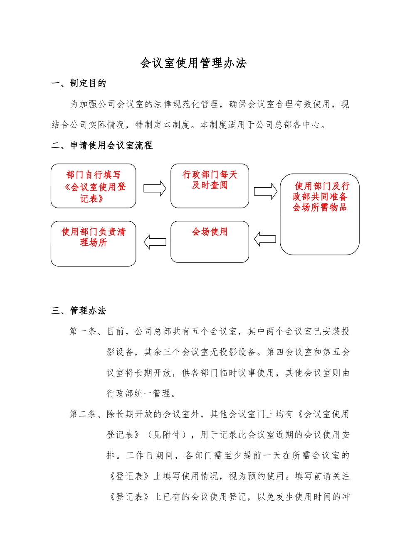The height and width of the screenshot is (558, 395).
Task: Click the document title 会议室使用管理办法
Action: [193, 63]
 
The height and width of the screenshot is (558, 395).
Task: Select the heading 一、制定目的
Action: [79, 83]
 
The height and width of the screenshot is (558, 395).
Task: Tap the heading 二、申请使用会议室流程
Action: [102, 145]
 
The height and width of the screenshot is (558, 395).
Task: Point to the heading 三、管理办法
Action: [79, 311]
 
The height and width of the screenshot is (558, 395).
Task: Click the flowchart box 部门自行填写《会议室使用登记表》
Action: [93, 186]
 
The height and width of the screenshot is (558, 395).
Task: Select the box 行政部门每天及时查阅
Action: [210, 186]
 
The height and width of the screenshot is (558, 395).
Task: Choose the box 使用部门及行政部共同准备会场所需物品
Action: [319, 214]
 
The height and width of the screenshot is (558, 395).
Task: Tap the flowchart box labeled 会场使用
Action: [210, 242]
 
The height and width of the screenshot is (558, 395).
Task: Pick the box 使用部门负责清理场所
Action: [93, 243]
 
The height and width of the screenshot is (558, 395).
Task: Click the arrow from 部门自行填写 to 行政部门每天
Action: [155, 188]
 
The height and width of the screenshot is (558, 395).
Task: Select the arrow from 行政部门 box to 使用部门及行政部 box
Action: [265, 191]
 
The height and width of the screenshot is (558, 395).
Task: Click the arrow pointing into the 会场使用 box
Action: [265, 239]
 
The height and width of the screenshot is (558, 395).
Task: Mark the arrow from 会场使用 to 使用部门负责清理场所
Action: [155, 242]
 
